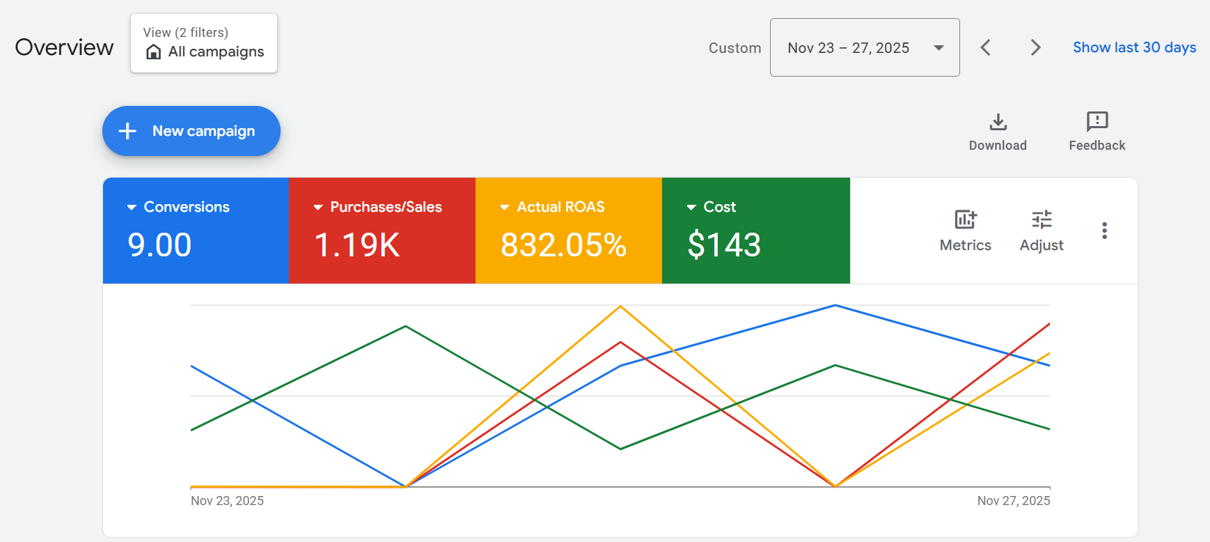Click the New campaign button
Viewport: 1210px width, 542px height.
pyautogui.click(x=191, y=131)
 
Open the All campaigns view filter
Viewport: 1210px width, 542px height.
pyautogui.click(x=203, y=43)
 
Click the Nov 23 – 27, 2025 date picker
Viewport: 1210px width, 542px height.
pyautogui.click(x=864, y=47)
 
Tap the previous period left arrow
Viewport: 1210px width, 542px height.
pyautogui.click(x=985, y=47)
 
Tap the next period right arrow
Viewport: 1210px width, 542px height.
pyautogui.click(x=1035, y=47)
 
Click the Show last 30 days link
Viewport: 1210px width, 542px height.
pyautogui.click(x=1134, y=47)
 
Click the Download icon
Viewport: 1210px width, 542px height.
pyautogui.click(x=998, y=123)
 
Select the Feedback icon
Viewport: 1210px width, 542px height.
pyautogui.click(x=1097, y=122)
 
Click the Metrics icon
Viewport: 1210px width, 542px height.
pyautogui.click(x=965, y=220)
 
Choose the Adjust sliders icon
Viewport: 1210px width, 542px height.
pyautogui.click(x=1042, y=220)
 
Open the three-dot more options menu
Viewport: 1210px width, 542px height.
pyautogui.click(x=1104, y=231)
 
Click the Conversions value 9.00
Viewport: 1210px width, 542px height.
pyautogui.click(x=159, y=245)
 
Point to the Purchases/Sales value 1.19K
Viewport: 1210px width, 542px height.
pyautogui.click(x=356, y=245)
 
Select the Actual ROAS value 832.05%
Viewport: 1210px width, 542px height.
pyautogui.click(x=563, y=245)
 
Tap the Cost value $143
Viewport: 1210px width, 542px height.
pyautogui.click(x=724, y=245)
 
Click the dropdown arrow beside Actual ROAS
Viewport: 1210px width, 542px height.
pyautogui.click(x=505, y=208)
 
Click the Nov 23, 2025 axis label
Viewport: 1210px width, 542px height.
pyautogui.click(x=227, y=501)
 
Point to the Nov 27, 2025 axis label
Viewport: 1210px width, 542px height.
pyautogui.click(x=1013, y=501)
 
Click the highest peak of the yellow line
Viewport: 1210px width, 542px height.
pyautogui.click(x=620, y=307)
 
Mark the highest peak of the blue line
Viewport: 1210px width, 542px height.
pyautogui.click(x=835, y=305)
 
